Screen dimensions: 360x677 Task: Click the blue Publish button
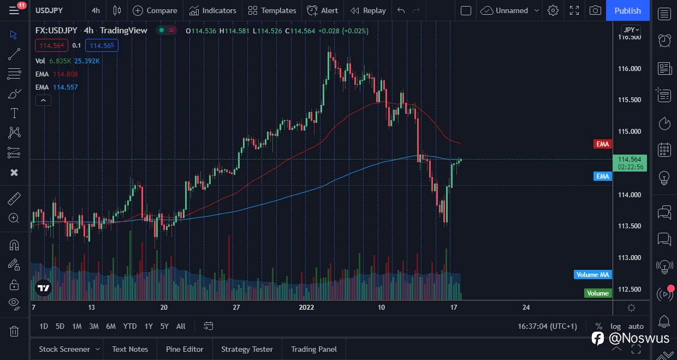pos(627,10)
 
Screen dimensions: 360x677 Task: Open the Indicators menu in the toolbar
pos(213,10)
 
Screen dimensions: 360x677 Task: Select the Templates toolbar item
pos(272,10)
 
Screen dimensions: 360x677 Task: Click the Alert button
pos(323,10)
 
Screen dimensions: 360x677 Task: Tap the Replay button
pos(368,10)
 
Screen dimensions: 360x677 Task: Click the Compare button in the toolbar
pos(155,10)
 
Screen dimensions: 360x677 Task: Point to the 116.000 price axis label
pos(629,68)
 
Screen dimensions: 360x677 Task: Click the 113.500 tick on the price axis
pos(629,226)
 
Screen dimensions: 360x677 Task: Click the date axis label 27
pos(236,308)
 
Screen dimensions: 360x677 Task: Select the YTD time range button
pos(129,326)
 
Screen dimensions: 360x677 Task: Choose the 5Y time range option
pos(164,326)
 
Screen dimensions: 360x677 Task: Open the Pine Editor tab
pos(184,349)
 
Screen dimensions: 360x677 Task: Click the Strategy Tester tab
pos(247,349)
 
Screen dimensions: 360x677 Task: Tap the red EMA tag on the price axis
pos(602,144)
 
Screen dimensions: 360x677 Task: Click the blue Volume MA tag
pos(592,275)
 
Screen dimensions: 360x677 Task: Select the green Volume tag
pos(597,293)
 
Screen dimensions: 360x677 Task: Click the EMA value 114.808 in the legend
pos(65,74)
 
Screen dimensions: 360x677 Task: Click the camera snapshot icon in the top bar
pos(595,10)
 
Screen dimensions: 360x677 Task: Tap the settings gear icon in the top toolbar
pos(553,10)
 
